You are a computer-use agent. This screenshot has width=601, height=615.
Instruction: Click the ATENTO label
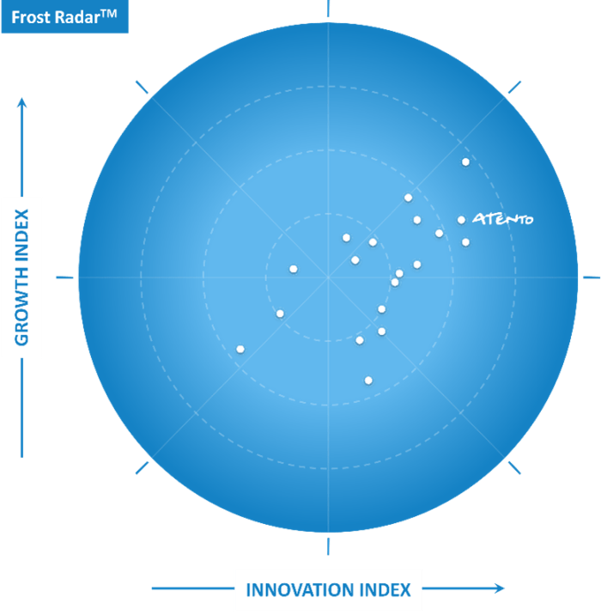502,219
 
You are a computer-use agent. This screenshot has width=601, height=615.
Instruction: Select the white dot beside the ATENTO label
461,220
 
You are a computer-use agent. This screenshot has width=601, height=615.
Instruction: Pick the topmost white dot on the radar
465,161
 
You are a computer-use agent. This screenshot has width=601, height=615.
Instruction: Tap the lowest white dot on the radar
368,380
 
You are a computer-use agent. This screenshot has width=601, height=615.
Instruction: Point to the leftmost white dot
240,349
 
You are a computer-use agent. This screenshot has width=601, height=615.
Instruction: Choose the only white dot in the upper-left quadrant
294,269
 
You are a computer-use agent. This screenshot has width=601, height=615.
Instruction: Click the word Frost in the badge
31,18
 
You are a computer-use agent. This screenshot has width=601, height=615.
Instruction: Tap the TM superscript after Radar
109,14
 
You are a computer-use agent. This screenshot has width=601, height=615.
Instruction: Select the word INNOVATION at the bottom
296,590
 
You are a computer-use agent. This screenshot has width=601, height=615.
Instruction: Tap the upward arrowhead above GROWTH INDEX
22,102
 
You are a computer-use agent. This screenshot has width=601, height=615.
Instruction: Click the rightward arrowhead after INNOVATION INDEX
500,588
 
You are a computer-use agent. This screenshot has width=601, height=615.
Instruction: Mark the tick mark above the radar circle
328,9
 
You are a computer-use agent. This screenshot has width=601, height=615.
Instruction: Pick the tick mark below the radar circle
328,546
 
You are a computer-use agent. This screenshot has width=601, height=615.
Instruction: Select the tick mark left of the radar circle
64,277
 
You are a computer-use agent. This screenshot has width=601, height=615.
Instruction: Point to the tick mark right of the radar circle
592,277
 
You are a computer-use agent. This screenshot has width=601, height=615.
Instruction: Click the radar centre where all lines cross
328,277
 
